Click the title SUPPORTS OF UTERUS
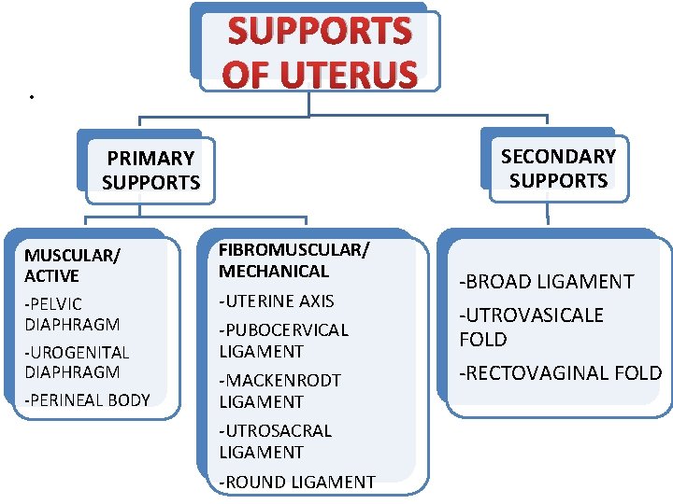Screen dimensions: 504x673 pyautogui.click(x=319, y=52)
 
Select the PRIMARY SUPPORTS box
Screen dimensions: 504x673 pyautogui.click(x=150, y=171)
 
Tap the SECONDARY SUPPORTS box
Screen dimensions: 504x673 pyautogui.click(x=558, y=168)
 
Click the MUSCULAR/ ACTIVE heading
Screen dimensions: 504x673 pyautogui.click(x=65, y=265)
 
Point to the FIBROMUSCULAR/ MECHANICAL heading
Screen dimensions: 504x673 pyautogui.click(x=294, y=260)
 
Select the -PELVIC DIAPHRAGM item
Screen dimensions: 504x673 pyautogui.click(x=72, y=314)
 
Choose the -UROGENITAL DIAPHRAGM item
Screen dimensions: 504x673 pyautogui.click(x=77, y=362)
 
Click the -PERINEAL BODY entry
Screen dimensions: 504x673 pyautogui.click(x=87, y=400)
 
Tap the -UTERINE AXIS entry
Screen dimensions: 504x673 pyautogui.click(x=276, y=301)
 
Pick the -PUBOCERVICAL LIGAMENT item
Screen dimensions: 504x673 pyautogui.click(x=283, y=341)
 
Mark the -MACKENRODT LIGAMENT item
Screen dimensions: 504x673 pyautogui.click(x=279, y=391)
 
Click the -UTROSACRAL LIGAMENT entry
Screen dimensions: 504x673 pyautogui.click(x=275, y=441)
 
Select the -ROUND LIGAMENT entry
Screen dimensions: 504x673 pyautogui.click(x=296, y=483)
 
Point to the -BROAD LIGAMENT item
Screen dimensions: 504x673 pyautogui.click(x=546, y=281)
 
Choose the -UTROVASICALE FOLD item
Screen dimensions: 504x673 pyautogui.click(x=531, y=327)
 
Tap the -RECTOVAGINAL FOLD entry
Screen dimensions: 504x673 pyautogui.click(x=560, y=373)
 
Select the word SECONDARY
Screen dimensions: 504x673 pyautogui.click(x=558, y=156)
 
